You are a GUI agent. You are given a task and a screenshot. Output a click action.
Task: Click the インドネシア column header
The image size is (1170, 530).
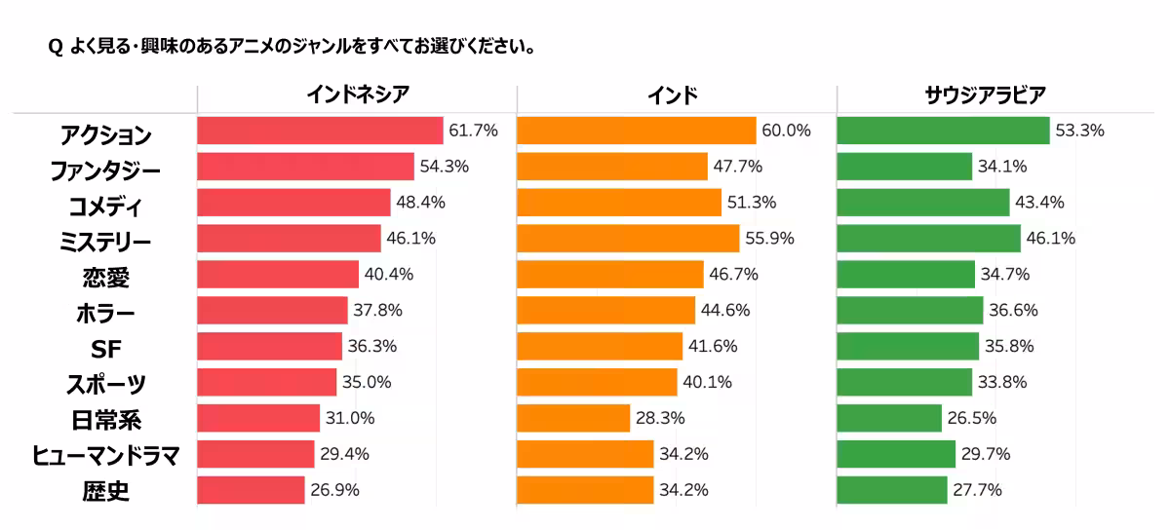(358, 95)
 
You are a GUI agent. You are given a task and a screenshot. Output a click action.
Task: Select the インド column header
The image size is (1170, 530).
(673, 95)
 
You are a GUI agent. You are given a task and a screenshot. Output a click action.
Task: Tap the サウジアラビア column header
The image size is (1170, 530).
(985, 95)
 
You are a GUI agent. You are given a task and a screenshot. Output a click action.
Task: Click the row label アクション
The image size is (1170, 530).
(105, 134)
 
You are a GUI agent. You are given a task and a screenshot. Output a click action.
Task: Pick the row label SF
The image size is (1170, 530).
(105, 349)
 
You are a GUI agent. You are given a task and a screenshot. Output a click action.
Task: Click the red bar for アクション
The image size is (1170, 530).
(320, 131)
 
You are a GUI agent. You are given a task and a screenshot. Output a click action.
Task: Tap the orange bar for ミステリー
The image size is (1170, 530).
(628, 239)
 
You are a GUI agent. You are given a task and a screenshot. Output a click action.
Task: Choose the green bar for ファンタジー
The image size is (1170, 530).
(904, 167)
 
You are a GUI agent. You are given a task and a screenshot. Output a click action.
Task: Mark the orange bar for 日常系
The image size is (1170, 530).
(573, 418)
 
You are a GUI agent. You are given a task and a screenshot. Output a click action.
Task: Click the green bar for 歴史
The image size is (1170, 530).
(891, 490)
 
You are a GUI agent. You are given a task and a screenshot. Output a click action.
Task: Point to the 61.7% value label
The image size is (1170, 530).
(473, 131)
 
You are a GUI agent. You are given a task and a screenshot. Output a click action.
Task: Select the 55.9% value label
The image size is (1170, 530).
(769, 239)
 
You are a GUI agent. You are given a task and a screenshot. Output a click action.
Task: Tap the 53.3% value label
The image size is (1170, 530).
(1079, 131)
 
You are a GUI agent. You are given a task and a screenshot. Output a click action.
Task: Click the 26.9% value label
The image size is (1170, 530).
(334, 490)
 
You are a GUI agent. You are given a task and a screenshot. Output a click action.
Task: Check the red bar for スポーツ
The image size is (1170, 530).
(266, 382)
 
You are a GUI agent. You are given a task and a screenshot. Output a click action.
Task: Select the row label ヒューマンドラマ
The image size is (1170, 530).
(105, 456)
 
